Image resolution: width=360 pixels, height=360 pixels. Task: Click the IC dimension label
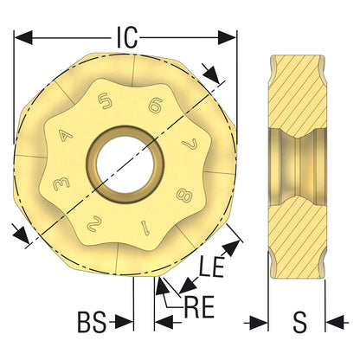(x=126, y=37)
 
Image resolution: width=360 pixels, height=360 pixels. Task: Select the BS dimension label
(x=92, y=322)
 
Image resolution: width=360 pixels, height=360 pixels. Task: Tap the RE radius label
(x=199, y=306)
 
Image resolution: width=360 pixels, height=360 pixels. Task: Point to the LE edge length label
(x=211, y=267)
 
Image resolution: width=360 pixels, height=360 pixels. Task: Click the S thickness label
(x=300, y=322)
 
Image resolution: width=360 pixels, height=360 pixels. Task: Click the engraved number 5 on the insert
(x=105, y=102)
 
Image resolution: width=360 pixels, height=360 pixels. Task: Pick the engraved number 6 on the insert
(x=156, y=106)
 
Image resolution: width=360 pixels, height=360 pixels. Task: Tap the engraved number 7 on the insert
(x=190, y=144)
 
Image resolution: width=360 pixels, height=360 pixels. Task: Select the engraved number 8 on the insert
(x=184, y=196)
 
